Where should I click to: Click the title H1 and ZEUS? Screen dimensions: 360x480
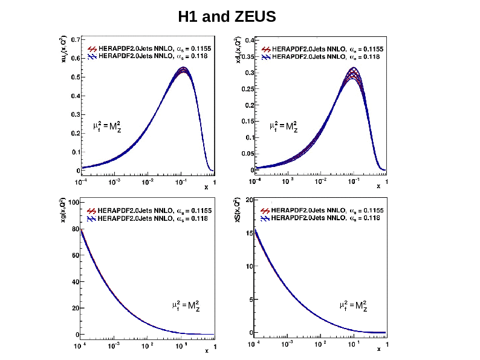227,17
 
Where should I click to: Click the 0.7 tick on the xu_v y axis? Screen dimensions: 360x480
73,39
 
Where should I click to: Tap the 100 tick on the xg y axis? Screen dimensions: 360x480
72,203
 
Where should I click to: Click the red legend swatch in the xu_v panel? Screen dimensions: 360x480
92,48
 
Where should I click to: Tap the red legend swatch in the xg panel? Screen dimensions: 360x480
92,210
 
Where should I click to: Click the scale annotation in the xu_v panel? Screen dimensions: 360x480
107,126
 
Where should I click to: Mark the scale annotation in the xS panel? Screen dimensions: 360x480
353,306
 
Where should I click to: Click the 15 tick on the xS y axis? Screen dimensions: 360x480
249,232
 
